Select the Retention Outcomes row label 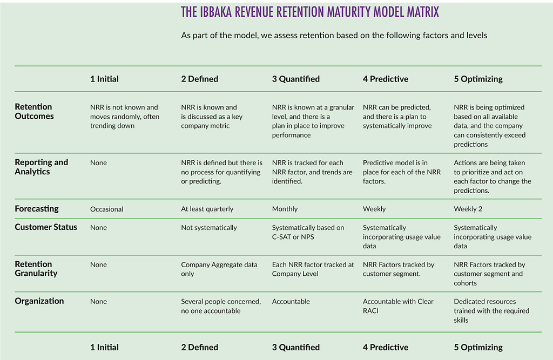click(34, 111)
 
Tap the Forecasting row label click(37, 209)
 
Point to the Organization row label click(39, 301)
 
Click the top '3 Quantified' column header click(295, 79)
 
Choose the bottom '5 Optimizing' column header click(478, 347)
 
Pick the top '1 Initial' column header click(104, 79)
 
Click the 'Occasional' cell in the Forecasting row click(106, 209)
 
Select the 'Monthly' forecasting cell click(285, 209)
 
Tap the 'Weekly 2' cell click(468, 209)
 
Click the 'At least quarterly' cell click(207, 209)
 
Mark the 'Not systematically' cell click(209, 228)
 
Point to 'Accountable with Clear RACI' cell click(398, 306)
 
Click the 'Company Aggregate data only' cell click(219, 269)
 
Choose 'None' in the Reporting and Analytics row click(98, 163)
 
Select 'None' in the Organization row click(98, 302)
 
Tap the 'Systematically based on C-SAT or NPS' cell click(308, 232)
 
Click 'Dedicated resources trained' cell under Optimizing click(491, 311)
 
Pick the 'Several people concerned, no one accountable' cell click(221, 306)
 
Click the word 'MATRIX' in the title click(422, 12)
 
